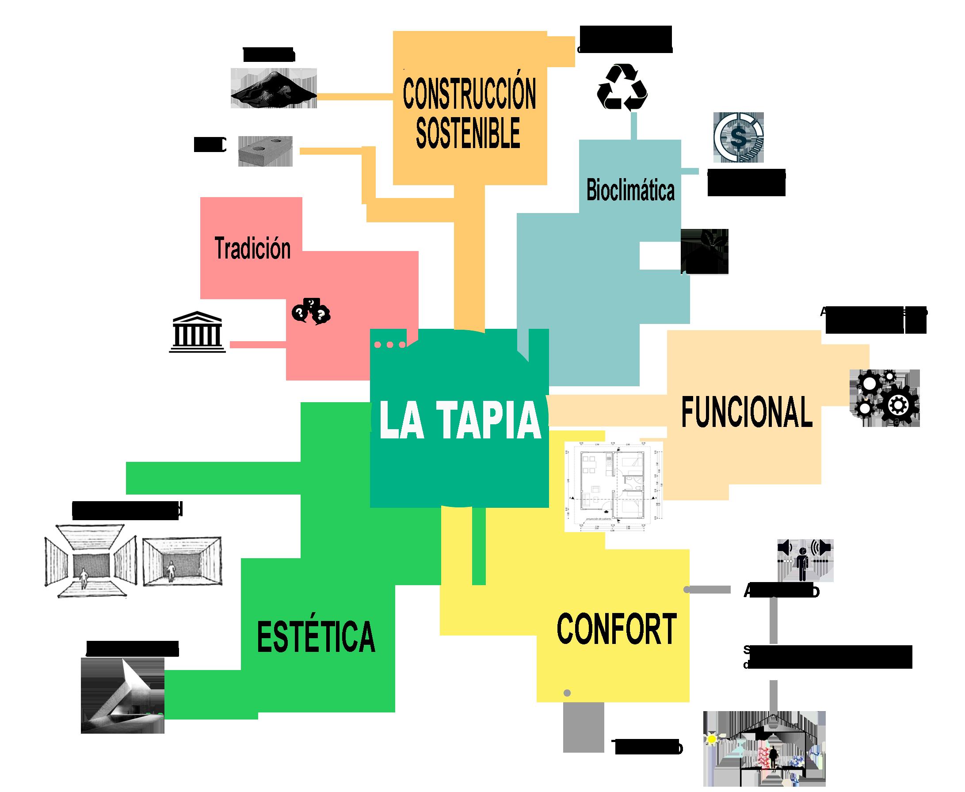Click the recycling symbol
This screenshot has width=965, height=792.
(x=622, y=87)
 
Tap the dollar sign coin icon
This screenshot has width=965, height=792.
(x=738, y=137)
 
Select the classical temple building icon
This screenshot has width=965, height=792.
(x=196, y=332)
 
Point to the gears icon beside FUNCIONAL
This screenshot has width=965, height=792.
(x=885, y=398)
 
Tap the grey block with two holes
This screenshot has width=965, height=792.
(x=265, y=150)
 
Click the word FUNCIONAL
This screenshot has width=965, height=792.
(x=747, y=412)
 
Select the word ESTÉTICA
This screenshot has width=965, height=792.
(x=316, y=636)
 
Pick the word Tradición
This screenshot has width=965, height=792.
(x=252, y=249)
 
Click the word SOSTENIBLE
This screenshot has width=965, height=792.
(x=468, y=132)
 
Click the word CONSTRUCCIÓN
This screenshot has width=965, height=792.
(x=469, y=94)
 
